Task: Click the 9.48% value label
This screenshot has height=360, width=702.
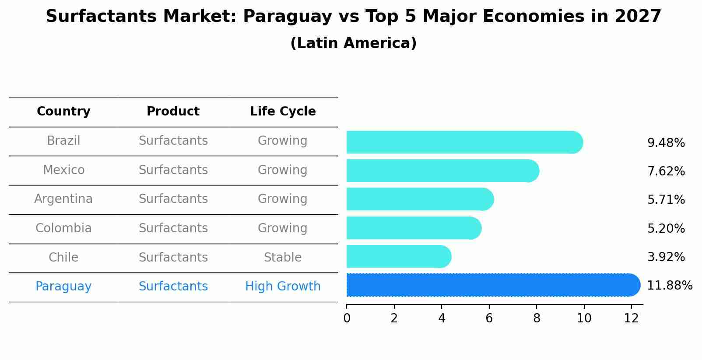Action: (x=666, y=143)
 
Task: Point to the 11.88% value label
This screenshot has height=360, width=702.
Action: (x=669, y=286)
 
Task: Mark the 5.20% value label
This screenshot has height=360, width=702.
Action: (x=666, y=229)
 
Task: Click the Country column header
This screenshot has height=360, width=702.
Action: (x=63, y=112)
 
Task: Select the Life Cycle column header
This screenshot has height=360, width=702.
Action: (x=283, y=112)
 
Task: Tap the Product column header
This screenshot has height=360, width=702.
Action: (x=173, y=112)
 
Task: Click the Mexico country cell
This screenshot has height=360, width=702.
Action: (x=63, y=170)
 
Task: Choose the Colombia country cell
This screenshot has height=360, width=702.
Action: (x=63, y=228)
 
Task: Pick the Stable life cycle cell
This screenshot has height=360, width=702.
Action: (x=283, y=257)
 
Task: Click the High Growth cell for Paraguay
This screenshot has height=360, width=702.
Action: (x=283, y=287)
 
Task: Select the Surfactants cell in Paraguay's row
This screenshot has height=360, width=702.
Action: (x=173, y=287)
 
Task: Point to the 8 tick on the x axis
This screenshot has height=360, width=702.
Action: (x=536, y=318)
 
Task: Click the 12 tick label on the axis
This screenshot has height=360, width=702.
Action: (x=631, y=318)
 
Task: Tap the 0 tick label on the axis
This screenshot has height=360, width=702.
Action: (x=347, y=318)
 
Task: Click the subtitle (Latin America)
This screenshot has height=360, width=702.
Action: (x=353, y=43)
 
